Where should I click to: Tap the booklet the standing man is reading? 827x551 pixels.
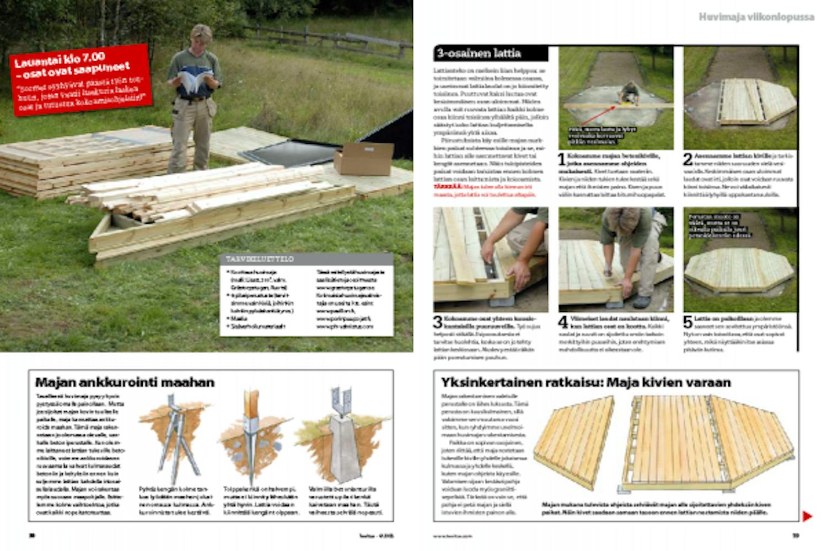tap(194, 81)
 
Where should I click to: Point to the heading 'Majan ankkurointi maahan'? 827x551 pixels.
tap(125, 382)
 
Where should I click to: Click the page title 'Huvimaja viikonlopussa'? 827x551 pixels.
tap(756, 17)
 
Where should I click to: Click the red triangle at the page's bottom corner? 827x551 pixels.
tap(807, 516)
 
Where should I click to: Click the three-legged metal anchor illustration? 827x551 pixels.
tap(176, 441)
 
